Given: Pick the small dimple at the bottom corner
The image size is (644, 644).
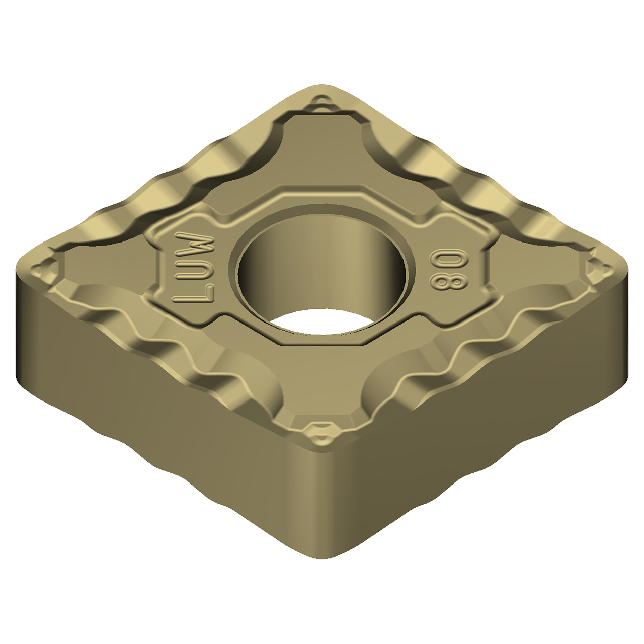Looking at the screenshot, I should (x=319, y=431).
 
